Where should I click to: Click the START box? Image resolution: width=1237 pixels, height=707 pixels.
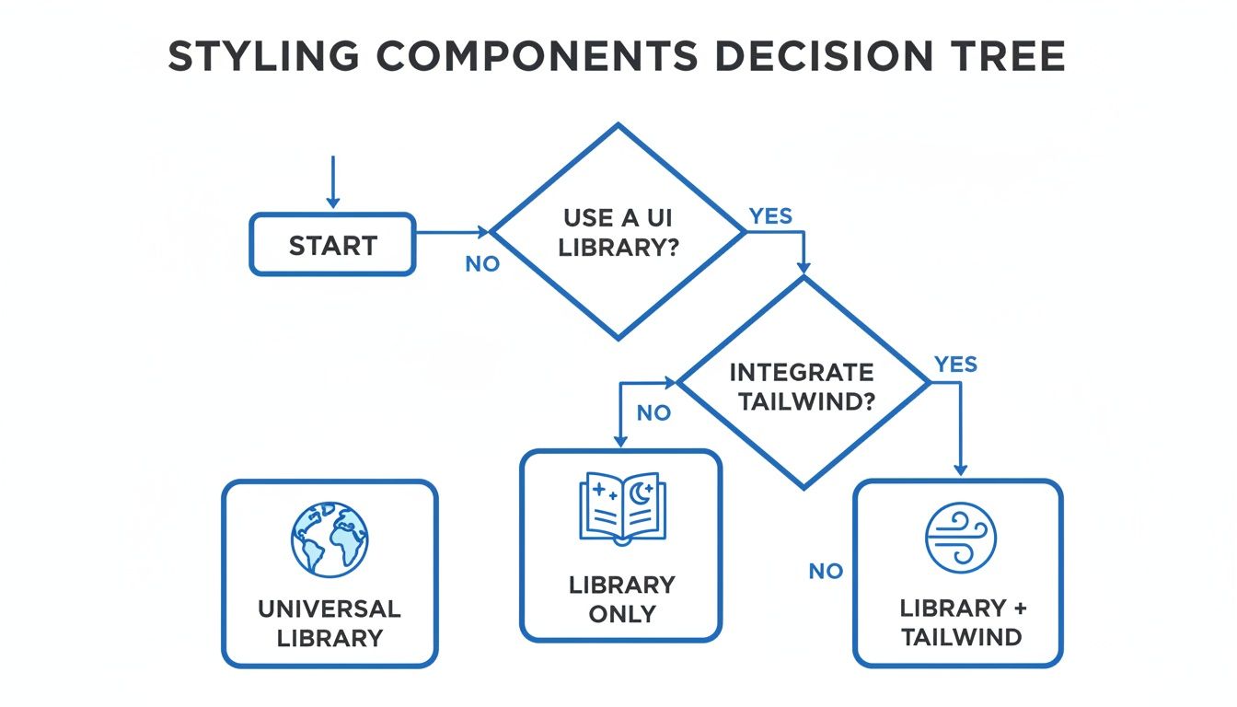tap(332, 245)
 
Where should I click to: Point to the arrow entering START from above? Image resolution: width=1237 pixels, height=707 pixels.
tap(333, 183)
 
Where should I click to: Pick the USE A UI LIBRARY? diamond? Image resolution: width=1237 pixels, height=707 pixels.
tap(618, 232)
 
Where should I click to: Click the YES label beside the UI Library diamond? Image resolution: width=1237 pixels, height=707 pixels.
tap(770, 216)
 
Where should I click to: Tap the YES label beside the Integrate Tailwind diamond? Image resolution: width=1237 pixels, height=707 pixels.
tap(955, 365)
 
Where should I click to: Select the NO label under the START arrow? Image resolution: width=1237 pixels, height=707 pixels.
tap(482, 264)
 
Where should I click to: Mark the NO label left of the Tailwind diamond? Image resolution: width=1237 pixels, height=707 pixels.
tap(653, 413)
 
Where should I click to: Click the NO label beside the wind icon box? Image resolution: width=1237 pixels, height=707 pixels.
tap(826, 572)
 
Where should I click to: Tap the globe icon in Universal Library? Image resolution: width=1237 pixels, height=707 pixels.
tap(329, 540)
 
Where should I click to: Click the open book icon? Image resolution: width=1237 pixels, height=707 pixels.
tap(619, 507)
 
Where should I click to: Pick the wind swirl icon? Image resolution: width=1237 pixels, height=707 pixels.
tap(961, 539)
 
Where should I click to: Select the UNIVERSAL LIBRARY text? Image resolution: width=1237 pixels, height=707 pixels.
tap(329, 622)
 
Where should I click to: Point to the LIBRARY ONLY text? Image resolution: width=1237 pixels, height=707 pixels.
tap(621, 599)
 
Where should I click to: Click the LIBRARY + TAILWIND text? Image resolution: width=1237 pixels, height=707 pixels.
tap(961, 622)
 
